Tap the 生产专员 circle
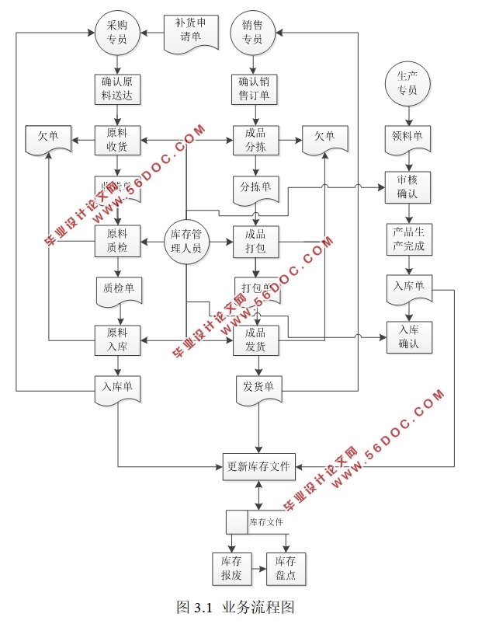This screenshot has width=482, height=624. pyautogui.click(x=407, y=83)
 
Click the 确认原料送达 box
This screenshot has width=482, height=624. pyautogui.click(x=117, y=89)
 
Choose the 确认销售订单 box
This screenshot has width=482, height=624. pyautogui.click(x=254, y=89)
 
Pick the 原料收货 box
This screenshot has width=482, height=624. pyautogui.click(x=117, y=141)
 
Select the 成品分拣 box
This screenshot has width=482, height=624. pyautogui.click(x=255, y=141)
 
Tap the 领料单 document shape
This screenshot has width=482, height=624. pyautogui.click(x=407, y=138)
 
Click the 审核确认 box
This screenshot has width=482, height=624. pyautogui.click(x=407, y=187)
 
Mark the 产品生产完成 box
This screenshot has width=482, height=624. pyautogui.click(x=407, y=239)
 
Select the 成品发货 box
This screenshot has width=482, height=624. pyautogui.click(x=255, y=340)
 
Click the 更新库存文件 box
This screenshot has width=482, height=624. pyautogui.click(x=258, y=466)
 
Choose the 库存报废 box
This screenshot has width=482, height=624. pyautogui.click(x=231, y=568)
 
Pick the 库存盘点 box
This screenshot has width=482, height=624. pyautogui.click(x=286, y=568)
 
